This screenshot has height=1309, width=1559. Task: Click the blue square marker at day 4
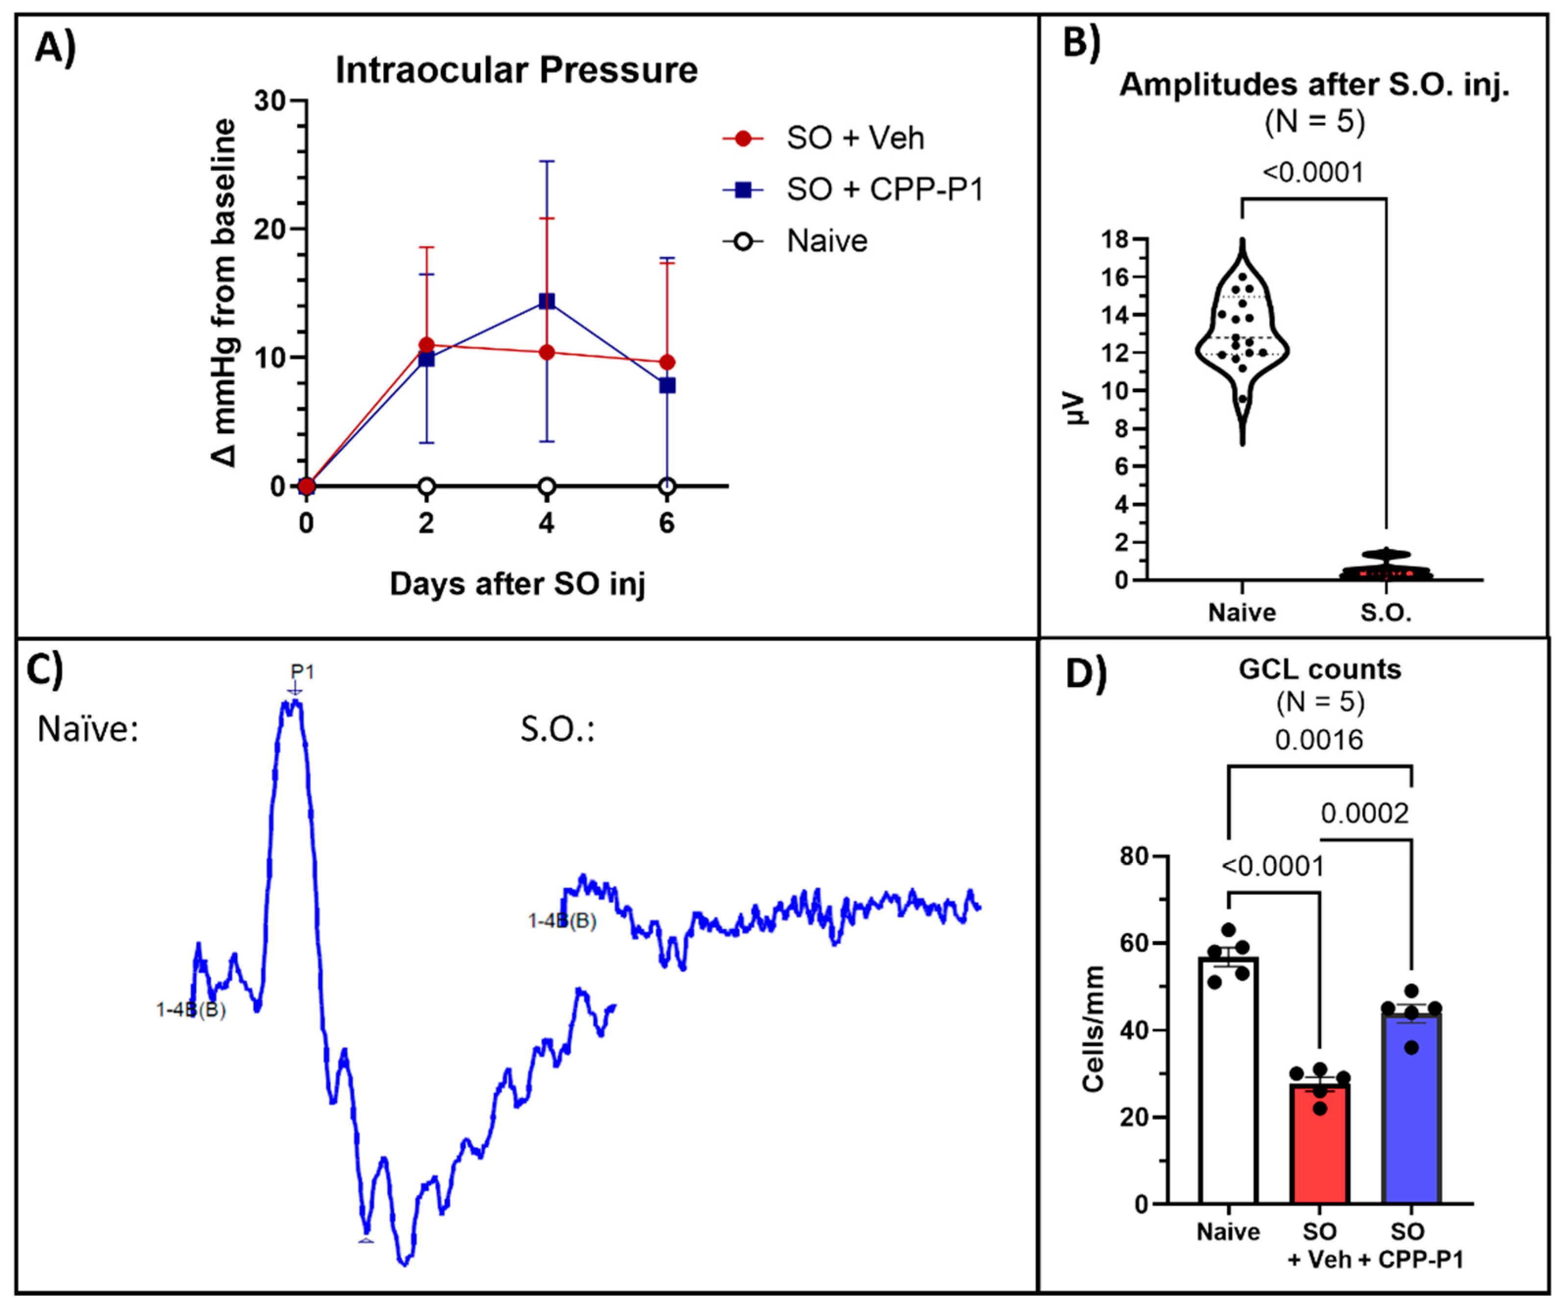click(546, 301)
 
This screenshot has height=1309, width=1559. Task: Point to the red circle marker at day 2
click(426, 345)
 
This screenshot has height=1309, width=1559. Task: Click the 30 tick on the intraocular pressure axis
click(270, 101)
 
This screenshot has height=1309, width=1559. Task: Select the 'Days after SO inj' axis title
click(517, 584)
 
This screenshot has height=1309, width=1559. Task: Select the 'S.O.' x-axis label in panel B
click(1385, 613)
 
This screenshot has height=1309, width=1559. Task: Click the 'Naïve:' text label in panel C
click(88, 730)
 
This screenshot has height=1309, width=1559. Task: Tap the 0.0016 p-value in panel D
click(1319, 740)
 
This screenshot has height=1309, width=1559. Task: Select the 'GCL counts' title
click(1319, 670)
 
